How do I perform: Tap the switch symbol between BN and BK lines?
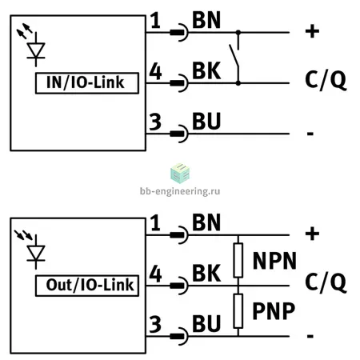[x=234, y=58]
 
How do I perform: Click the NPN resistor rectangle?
[x=238, y=260]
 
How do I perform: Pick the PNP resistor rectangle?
[x=238, y=311]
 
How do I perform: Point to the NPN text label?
[x=274, y=261]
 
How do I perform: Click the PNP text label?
[x=274, y=311]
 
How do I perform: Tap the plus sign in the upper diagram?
[x=312, y=31]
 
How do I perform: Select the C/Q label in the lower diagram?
[x=326, y=282]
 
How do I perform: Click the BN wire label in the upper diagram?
[x=206, y=20]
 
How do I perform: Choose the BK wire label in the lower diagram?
[x=206, y=274]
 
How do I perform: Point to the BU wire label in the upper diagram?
[x=206, y=122]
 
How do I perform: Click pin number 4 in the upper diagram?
[x=155, y=71]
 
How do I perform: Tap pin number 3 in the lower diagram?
[x=155, y=324]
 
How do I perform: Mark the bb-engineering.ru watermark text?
[x=180, y=191]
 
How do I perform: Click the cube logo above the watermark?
[x=180, y=174]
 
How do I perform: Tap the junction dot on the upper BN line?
[x=238, y=33]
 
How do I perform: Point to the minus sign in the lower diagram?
[x=310, y=336]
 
